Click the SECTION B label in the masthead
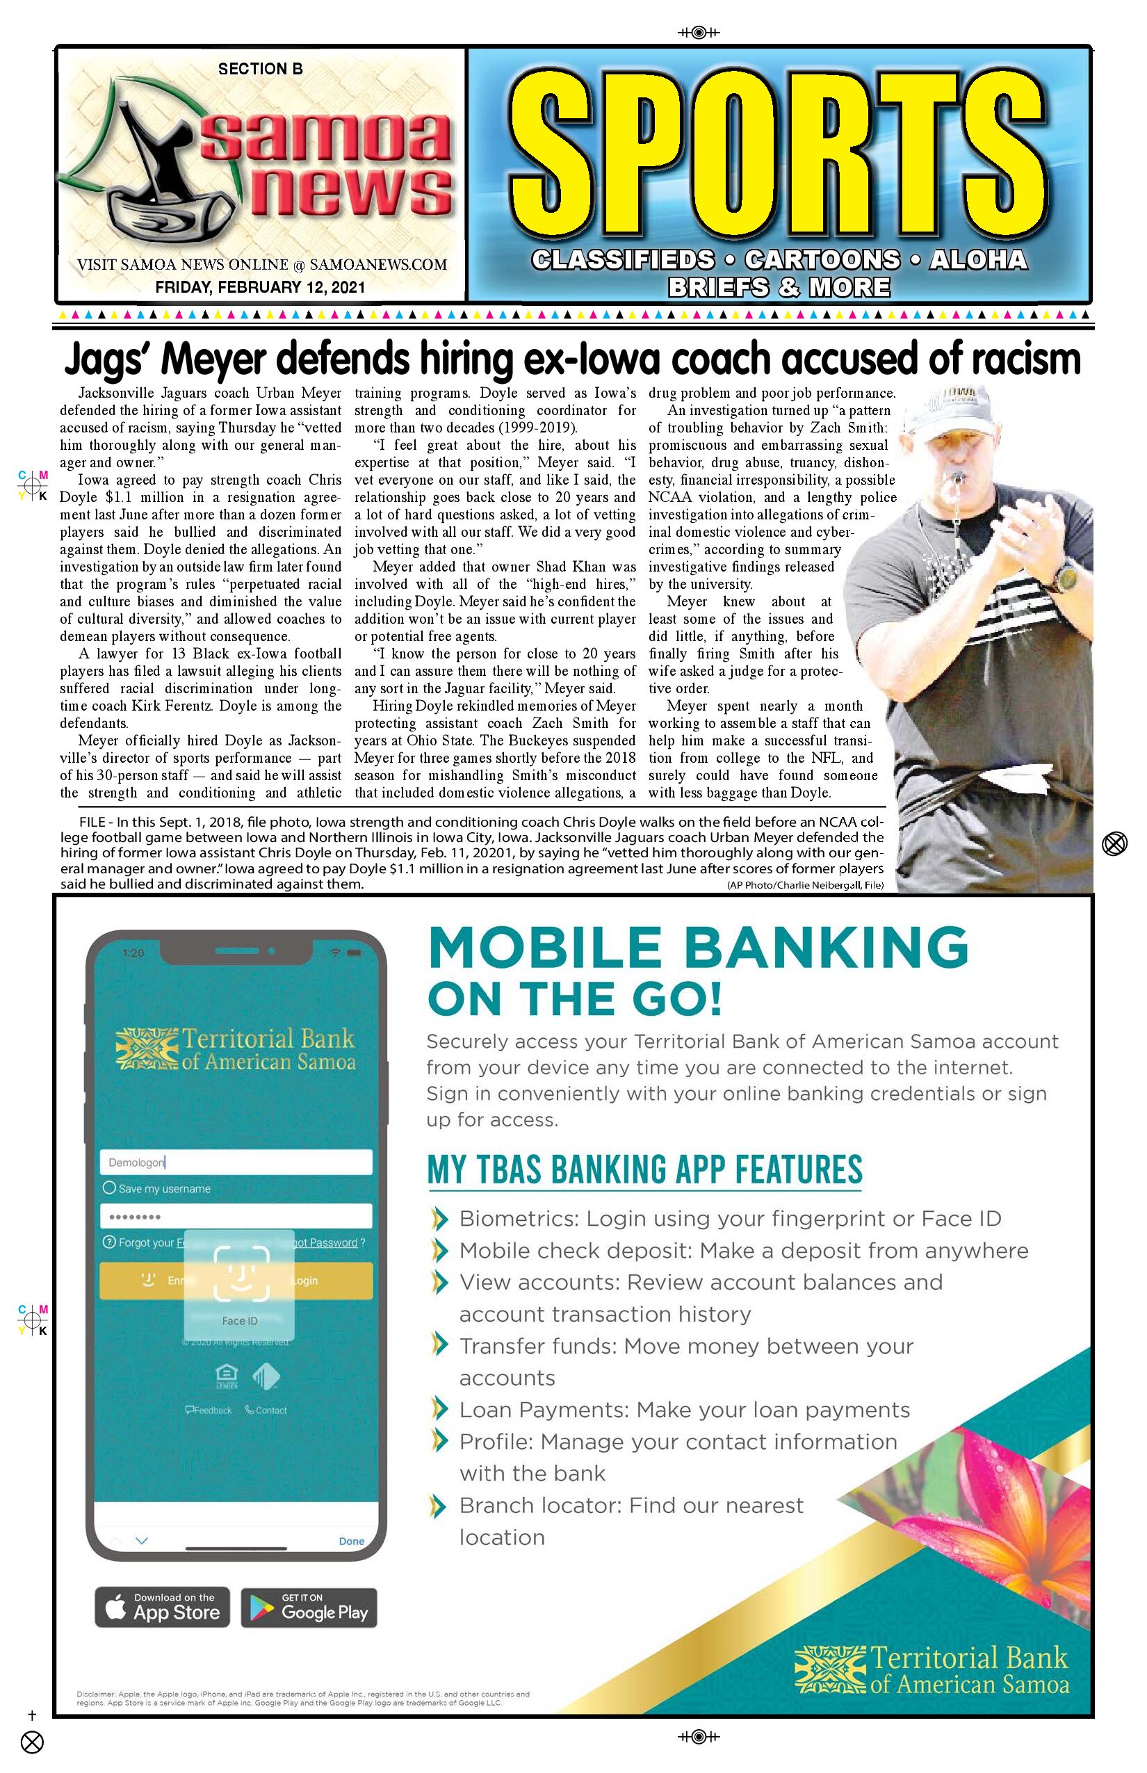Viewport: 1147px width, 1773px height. [260, 70]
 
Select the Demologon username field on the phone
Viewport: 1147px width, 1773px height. [236, 1162]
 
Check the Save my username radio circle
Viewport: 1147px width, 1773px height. [110, 1188]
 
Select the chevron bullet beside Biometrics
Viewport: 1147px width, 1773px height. [440, 1219]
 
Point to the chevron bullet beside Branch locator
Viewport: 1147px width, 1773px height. [440, 1506]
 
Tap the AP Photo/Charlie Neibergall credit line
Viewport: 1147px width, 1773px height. [805, 885]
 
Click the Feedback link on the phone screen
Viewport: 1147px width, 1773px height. [209, 1409]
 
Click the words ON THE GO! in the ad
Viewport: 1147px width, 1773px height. [574, 999]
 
